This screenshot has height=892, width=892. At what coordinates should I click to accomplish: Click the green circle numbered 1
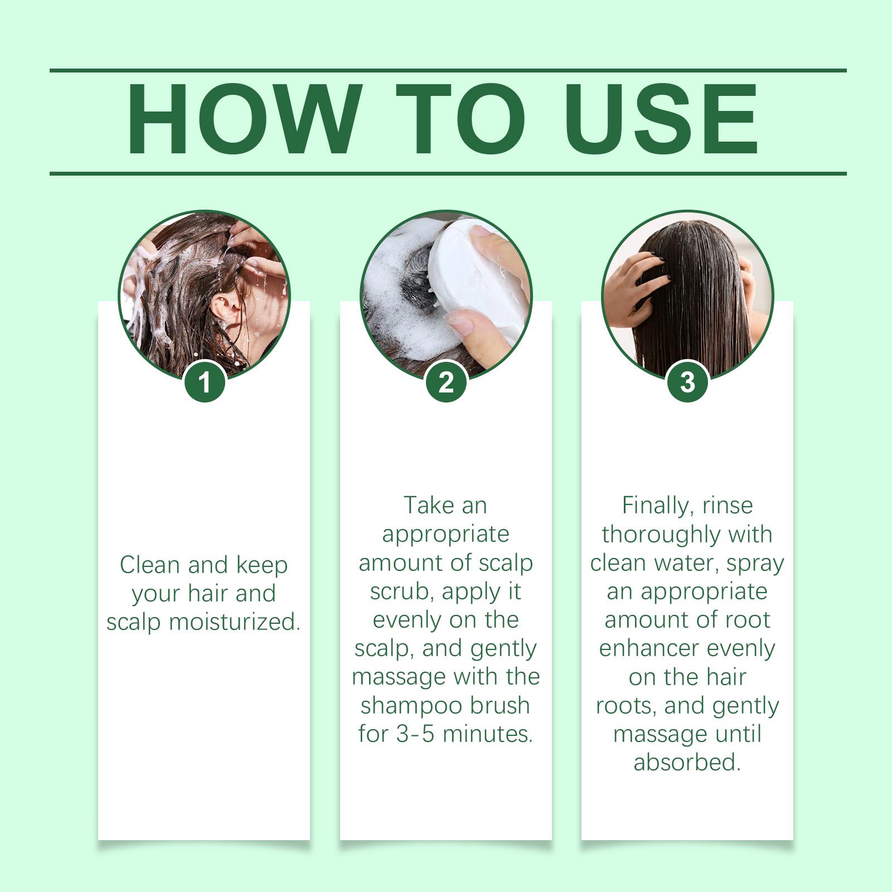point(205,382)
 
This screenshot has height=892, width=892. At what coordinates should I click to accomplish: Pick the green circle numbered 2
point(446,382)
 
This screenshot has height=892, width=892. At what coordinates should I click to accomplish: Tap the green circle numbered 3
point(687,382)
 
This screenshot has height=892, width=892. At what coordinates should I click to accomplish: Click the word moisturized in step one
point(235,622)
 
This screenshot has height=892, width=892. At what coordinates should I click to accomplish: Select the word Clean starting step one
point(150,565)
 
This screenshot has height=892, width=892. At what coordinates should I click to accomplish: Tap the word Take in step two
point(425,505)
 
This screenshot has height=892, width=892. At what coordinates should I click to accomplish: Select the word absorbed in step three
point(687,762)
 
